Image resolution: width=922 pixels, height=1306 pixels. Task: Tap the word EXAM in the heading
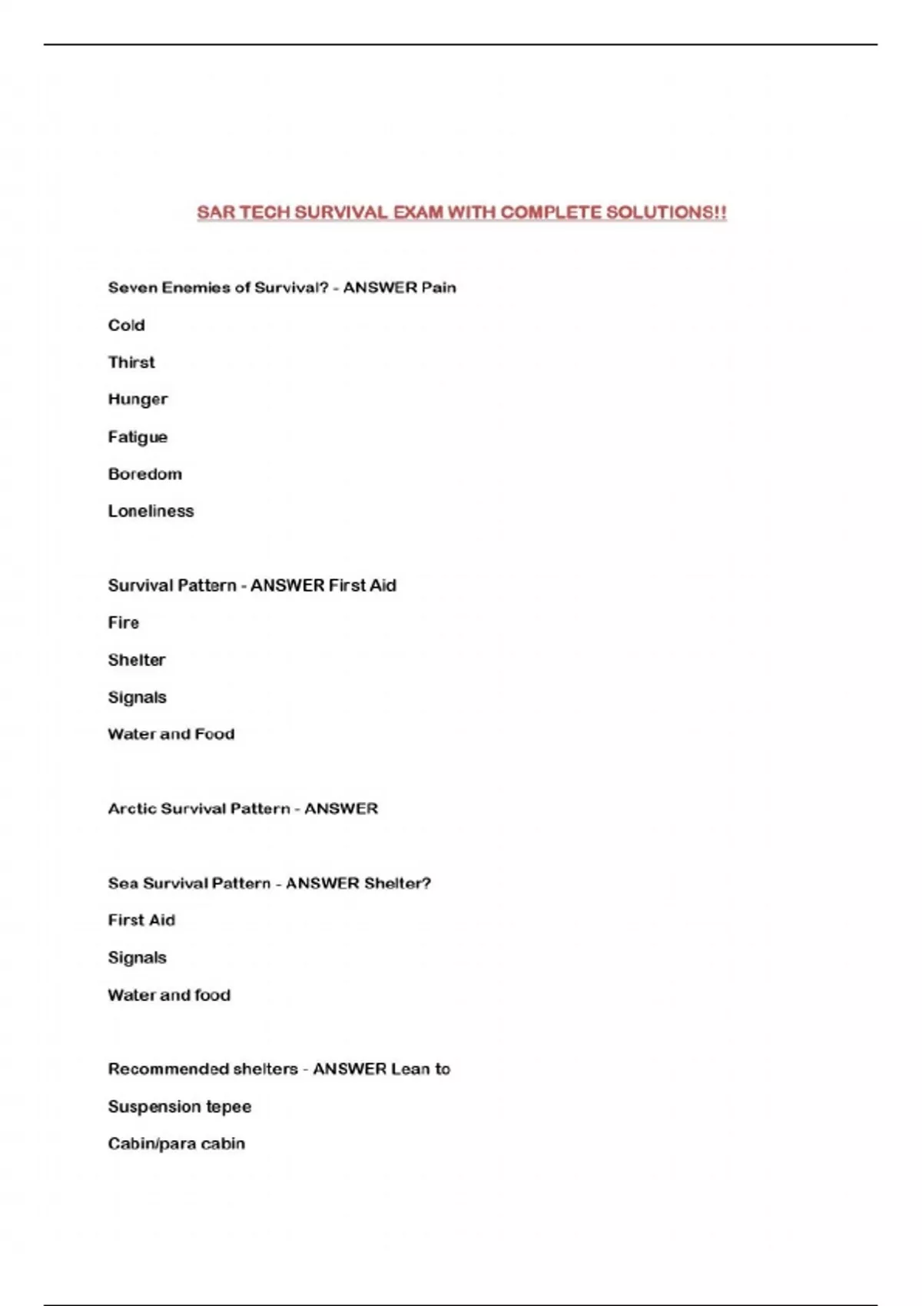pos(418,213)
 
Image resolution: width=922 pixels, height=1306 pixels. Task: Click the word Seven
pos(130,288)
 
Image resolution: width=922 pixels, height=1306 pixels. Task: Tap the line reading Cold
pos(126,325)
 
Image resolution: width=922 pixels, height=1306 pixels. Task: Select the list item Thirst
pos(131,362)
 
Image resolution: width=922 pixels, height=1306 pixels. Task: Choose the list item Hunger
pos(138,399)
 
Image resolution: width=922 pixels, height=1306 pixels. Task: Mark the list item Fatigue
pos(138,437)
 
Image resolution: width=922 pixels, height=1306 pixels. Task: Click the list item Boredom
pos(145,474)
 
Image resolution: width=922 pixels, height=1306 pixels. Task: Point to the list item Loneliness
pos(151,511)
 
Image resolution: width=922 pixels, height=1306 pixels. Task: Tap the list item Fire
pos(124,623)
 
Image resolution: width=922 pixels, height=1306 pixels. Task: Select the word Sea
pos(122,883)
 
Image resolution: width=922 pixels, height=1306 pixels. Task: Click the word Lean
pos(410,1069)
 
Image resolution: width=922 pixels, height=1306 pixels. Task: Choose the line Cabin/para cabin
pos(177,1144)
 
